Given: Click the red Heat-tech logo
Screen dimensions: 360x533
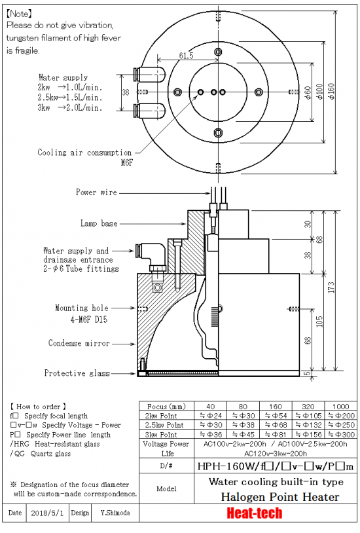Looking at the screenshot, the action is pyautogui.click(x=254, y=513).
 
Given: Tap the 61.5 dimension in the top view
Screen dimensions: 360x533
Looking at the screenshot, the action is pyautogui.click(x=187, y=56).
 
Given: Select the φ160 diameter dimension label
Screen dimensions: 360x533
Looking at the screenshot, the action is pyautogui.click(x=331, y=91).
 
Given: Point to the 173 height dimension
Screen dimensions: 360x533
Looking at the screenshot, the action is pyautogui.click(x=331, y=287).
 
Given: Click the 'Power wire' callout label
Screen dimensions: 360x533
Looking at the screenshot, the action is pyautogui.click(x=96, y=193).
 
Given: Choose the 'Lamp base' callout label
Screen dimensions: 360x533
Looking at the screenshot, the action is pyautogui.click(x=99, y=223).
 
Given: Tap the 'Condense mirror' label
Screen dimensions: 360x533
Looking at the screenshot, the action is pyautogui.click(x=79, y=343).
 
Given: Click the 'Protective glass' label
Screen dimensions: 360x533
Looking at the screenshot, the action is pyautogui.click(x=77, y=373).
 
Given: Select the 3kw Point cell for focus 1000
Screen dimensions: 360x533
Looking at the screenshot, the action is pyautogui.click(x=341, y=434).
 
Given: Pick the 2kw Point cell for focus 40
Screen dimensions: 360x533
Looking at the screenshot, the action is pyautogui.click(x=210, y=415).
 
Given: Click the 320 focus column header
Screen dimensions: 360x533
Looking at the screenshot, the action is pyautogui.click(x=308, y=406).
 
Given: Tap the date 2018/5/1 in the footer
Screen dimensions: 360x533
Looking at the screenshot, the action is pyautogui.click(x=47, y=513).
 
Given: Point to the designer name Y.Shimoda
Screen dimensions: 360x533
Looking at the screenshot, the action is pyautogui.click(x=115, y=513).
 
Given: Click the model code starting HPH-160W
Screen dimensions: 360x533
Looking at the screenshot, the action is pyautogui.click(x=276, y=466).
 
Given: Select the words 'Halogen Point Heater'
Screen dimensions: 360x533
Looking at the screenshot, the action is pyautogui.click(x=280, y=497).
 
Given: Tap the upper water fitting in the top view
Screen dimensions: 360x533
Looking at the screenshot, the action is pyautogui.click(x=150, y=75).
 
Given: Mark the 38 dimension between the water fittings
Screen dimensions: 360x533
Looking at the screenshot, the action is pyautogui.click(x=126, y=92).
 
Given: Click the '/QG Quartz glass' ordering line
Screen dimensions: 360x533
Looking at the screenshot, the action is pyautogui.click(x=41, y=454).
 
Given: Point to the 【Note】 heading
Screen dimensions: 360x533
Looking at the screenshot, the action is pyautogui.click(x=20, y=14).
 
